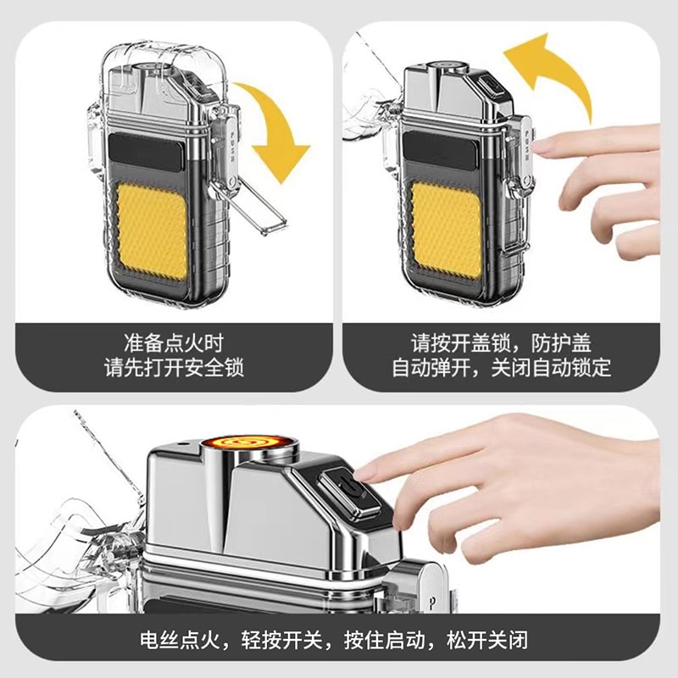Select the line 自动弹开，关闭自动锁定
501,369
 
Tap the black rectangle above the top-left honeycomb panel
153,158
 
